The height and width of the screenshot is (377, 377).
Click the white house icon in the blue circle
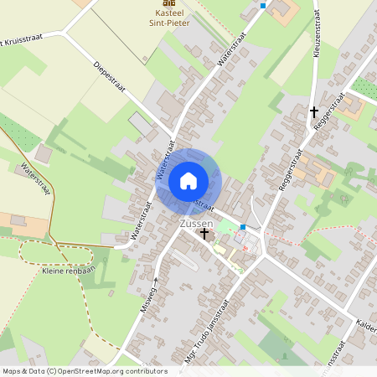pyautogui.click(x=188, y=180)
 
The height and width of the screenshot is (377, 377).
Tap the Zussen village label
pyautogui.click(x=196, y=225)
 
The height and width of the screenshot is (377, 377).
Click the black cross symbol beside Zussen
pyautogui.click(x=204, y=235)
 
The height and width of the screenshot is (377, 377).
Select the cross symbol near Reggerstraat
pyautogui.click(x=314, y=111)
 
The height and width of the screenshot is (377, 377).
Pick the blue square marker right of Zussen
pyautogui.click(x=243, y=227)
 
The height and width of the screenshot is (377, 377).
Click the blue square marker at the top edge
pyautogui.click(x=263, y=6)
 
